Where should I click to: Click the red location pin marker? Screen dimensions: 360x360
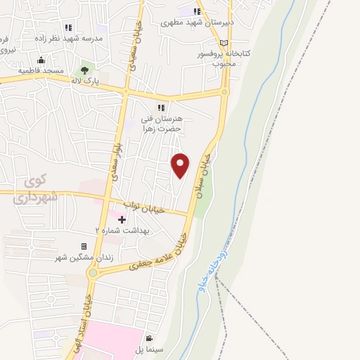tap(181, 165)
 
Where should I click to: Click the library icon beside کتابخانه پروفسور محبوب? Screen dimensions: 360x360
tap(224, 44)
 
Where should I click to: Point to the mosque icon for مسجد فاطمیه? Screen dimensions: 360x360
tap(41, 60)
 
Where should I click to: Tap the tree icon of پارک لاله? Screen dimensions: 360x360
tap(86, 70)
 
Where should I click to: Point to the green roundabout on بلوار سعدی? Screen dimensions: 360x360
tap(93, 273)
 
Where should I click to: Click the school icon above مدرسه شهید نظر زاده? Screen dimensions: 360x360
tap(68, 27)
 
